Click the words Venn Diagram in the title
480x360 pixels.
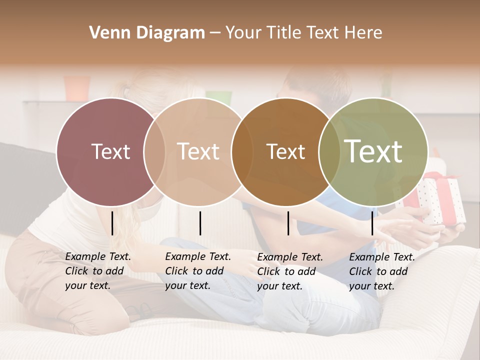pos(147,33)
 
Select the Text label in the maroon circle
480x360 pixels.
pos(110,151)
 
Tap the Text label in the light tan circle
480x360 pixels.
pos(198,151)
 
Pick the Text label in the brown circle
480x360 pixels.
pos(285,151)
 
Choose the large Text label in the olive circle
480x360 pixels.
pos(373,151)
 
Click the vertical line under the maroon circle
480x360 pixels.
pos(112,223)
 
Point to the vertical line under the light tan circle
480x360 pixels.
pos(200,223)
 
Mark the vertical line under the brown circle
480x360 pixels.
pos(288,223)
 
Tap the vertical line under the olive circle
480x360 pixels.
pos(372,223)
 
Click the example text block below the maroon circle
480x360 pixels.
pos(97,271)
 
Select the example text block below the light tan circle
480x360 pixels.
pos(197,271)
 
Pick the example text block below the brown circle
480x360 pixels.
pos(289,271)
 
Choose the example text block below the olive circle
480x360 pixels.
pos(381,271)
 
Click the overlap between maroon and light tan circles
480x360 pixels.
pos(154,151)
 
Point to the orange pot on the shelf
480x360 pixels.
pos(77,88)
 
